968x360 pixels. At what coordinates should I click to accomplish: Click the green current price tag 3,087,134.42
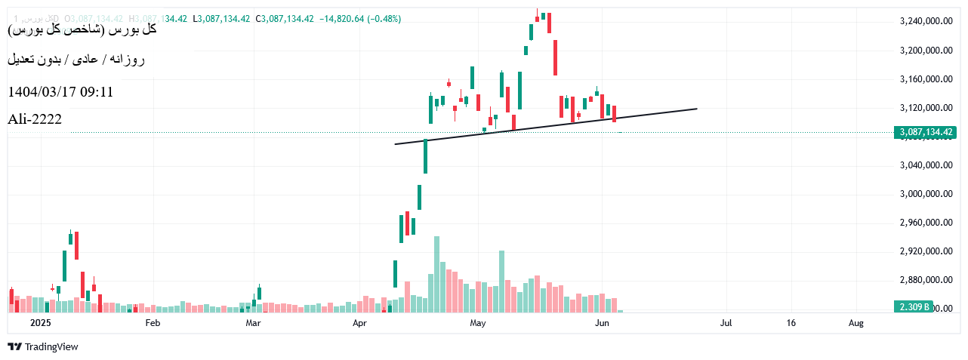point(926,133)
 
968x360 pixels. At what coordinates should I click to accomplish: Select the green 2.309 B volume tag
point(914,307)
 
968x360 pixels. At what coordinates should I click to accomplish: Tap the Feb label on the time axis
point(153,323)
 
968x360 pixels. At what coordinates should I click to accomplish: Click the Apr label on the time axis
point(359,323)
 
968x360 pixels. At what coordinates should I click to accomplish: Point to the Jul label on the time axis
point(726,323)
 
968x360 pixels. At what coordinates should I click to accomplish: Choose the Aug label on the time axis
point(855,323)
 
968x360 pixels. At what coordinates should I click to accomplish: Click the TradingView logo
point(43,347)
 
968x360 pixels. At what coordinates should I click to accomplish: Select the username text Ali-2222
point(35,119)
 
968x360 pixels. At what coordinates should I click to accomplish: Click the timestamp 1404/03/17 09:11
point(60,92)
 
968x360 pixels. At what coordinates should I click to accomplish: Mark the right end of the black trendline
point(696,109)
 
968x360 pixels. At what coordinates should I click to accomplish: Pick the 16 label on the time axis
point(791,323)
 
